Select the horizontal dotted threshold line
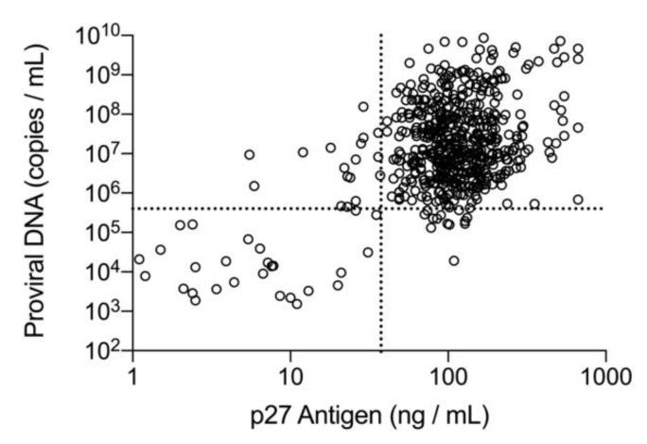[x=236, y=208]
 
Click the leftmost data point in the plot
[x=139, y=259]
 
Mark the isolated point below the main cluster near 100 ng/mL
[x=454, y=260]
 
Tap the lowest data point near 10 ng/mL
[x=297, y=304]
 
